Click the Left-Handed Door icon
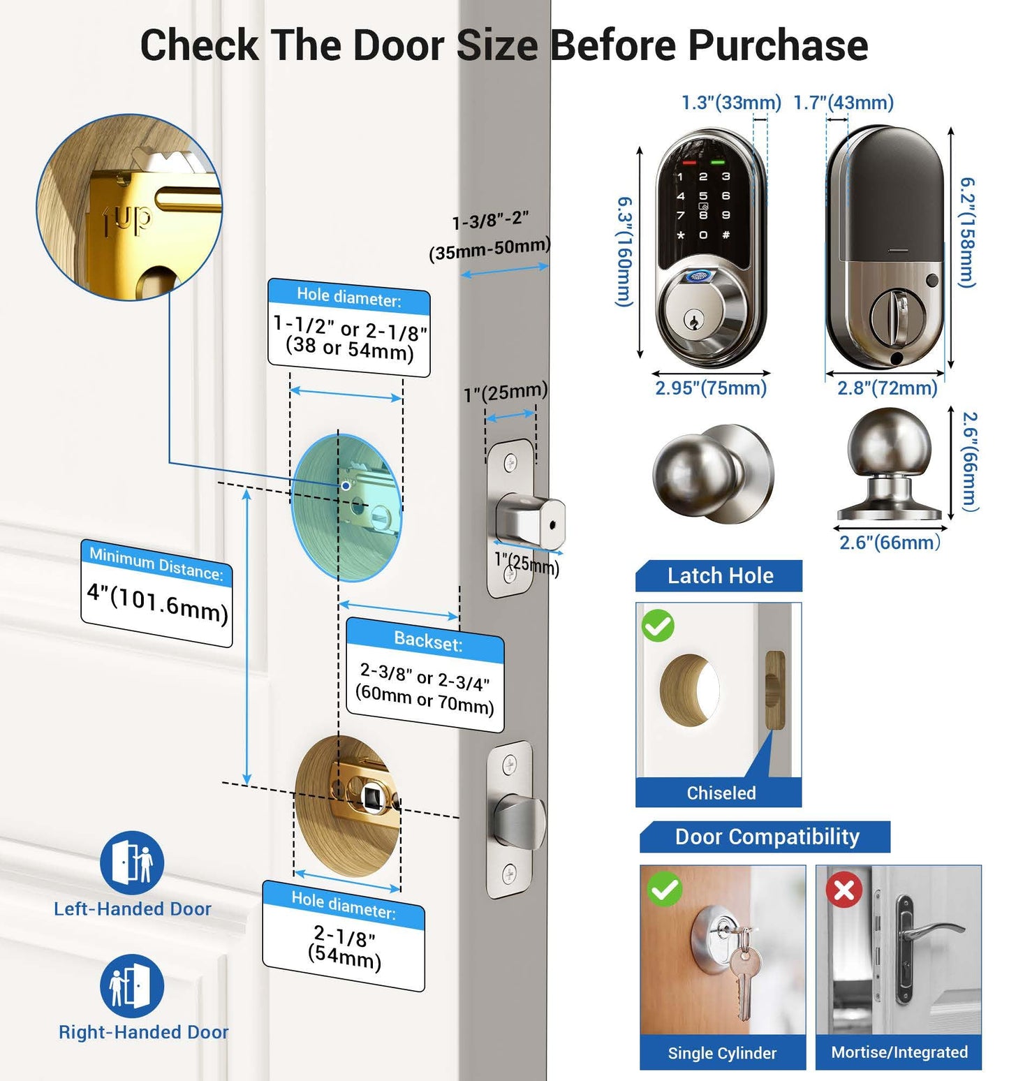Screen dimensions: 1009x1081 (132, 863)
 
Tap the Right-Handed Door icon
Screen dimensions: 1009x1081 (132, 986)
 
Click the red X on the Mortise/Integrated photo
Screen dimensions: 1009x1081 (844, 890)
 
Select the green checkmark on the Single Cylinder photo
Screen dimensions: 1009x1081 (664, 889)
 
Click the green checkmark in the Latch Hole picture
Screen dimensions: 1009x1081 (658, 626)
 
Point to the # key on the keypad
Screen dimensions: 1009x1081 (726, 235)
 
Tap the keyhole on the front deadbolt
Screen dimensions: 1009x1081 (693, 323)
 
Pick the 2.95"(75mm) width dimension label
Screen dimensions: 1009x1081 (711, 388)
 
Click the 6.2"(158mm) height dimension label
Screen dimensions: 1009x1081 (967, 232)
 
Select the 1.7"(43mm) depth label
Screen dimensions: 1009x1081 (844, 103)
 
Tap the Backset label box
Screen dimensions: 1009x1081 (425, 675)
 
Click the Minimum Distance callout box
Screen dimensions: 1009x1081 (156, 593)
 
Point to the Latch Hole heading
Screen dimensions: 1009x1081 (720, 575)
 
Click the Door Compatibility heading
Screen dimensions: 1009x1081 (767, 837)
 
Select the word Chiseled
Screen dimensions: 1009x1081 (721, 793)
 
